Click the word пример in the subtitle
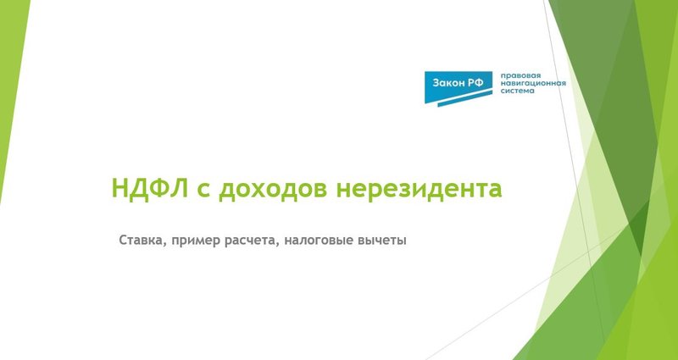(194, 241)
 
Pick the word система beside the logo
(518, 92)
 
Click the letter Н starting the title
(119, 187)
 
